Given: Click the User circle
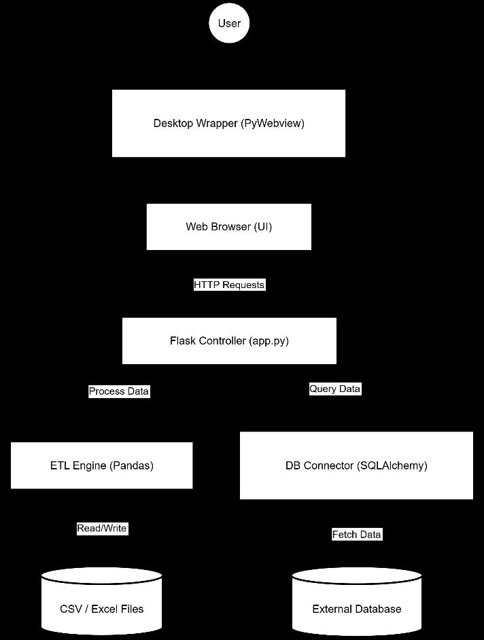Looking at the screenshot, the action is (x=229, y=23).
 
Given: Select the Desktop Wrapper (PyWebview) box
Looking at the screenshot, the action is (x=228, y=123).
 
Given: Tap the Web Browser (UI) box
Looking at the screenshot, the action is (x=228, y=227).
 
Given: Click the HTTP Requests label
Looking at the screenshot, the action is (x=229, y=285).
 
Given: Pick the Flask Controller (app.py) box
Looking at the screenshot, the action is (x=229, y=341).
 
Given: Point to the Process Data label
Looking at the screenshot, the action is (x=119, y=391).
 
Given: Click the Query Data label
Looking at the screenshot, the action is (x=335, y=389).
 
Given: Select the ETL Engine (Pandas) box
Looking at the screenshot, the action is (x=102, y=465).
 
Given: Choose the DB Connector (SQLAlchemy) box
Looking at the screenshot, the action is (x=356, y=465).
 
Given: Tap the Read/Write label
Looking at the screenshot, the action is (x=102, y=528).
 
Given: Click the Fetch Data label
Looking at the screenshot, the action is (x=357, y=534).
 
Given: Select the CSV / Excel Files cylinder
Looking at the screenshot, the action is (x=102, y=601).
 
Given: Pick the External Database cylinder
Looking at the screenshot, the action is (x=357, y=601).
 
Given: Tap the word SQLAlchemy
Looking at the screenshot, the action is (x=392, y=465).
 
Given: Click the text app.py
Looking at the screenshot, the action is (x=269, y=341).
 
